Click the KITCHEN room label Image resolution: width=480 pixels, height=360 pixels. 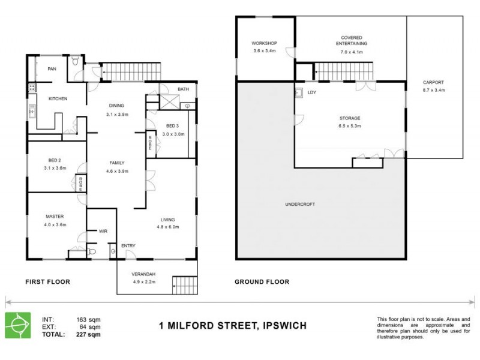(x=58, y=98)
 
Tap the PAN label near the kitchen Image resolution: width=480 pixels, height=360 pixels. (x=52, y=69)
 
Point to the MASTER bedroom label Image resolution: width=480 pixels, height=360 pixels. (x=55, y=216)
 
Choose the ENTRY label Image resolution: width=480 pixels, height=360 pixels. (x=128, y=246)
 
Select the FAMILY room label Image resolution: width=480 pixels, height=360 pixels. (x=116, y=163)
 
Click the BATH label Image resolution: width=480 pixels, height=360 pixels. (x=183, y=89)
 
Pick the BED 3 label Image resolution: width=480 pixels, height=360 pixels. (x=172, y=125)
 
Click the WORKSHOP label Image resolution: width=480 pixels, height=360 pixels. (x=265, y=43)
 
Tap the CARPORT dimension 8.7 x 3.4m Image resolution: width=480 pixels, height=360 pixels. (x=433, y=90)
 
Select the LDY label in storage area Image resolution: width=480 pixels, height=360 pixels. (x=311, y=92)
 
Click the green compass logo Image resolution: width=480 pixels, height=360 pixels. (x=17, y=326)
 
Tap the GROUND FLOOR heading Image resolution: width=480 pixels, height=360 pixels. (x=262, y=281)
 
